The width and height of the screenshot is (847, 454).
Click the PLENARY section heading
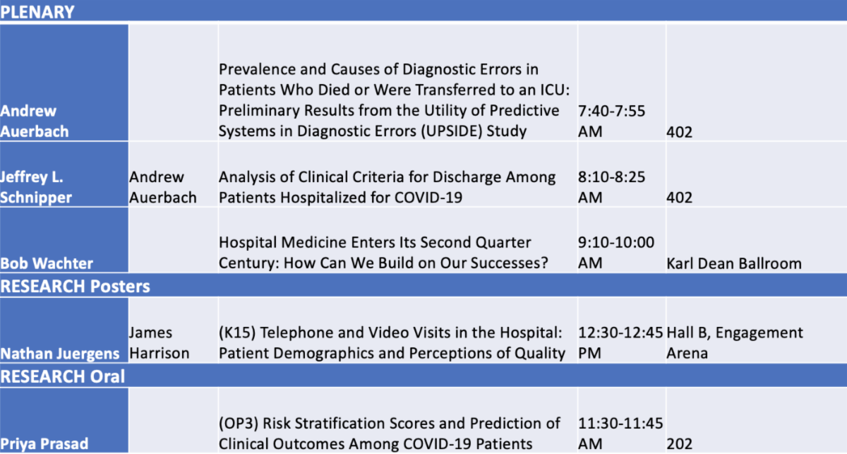point(37,12)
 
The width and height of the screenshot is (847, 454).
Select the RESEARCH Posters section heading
point(76,287)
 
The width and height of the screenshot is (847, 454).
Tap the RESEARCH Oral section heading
point(62,376)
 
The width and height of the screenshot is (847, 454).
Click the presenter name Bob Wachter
point(47,263)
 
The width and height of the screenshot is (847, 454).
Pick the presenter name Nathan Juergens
point(60,353)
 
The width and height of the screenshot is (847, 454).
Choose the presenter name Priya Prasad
point(44,444)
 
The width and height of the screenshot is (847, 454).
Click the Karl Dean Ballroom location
point(734,263)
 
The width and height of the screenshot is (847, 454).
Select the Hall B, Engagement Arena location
point(735,342)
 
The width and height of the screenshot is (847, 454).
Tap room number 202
point(680,444)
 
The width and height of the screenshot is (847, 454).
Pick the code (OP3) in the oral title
point(239,424)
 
